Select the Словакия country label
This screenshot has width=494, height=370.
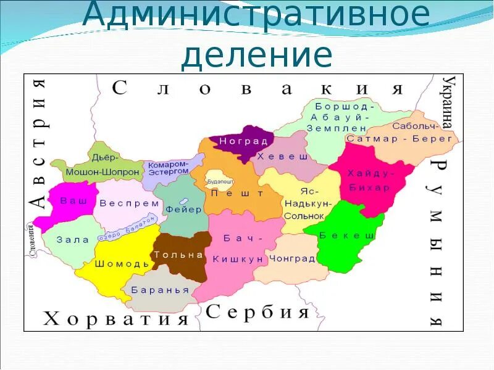257,88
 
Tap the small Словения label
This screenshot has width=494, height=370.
31,240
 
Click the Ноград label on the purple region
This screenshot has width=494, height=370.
236,142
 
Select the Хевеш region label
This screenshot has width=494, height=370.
282,157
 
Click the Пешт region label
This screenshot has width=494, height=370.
228,193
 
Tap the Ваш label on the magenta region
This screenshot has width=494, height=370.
69,201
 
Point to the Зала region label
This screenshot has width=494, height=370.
73,240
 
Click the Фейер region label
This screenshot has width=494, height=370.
183,209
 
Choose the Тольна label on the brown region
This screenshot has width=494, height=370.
178,255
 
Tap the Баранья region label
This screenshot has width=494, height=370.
151,290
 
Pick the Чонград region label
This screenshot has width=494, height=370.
292,258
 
